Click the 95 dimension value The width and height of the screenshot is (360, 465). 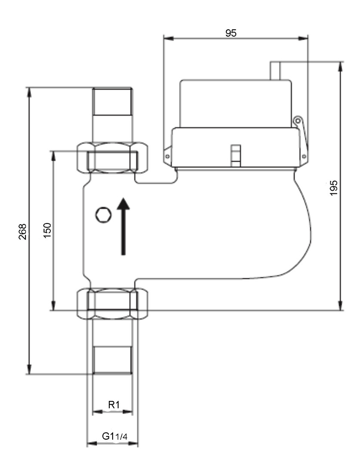coord(231,33)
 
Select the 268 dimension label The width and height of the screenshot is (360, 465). coord(22,232)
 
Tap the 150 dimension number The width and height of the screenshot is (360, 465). coord(47,230)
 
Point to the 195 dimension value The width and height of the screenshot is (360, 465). coord(334,188)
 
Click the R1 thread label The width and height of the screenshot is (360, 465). coord(114,404)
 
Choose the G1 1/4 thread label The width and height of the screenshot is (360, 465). coord(115,436)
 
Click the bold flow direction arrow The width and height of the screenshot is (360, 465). coord(123,226)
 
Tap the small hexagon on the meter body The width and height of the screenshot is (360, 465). coord(103,215)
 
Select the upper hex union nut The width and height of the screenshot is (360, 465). coord(113,157)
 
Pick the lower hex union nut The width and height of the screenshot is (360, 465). coord(113,304)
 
